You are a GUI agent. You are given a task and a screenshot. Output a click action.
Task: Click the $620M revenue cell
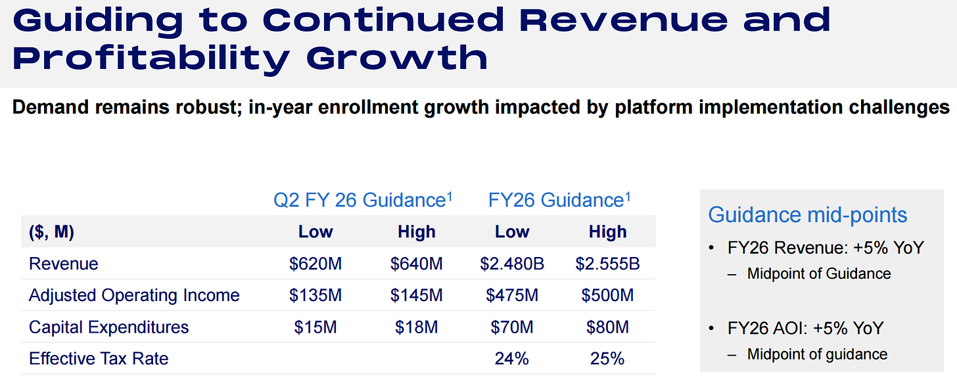click(315, 264)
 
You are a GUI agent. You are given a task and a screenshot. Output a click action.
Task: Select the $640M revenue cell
click(416, 264)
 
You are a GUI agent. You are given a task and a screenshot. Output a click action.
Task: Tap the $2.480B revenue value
click(512, 264)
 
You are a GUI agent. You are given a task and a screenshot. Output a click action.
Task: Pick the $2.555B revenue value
click(607, 264)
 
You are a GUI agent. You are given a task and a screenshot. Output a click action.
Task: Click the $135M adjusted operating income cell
click(315, 295)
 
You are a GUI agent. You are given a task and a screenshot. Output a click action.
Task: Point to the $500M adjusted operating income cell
click(607, 295)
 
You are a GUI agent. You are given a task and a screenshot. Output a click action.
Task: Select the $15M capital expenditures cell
click(315, 327)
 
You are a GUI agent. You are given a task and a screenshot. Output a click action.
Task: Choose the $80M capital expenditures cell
click(607, 327)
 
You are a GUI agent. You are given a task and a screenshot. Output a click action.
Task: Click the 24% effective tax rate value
click(512, 358)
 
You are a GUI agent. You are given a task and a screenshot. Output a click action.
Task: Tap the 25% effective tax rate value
click(607, 358)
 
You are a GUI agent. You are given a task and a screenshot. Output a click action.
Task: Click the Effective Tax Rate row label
click(99, 358)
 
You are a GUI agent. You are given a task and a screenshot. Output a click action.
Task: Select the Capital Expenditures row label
click(108, 327)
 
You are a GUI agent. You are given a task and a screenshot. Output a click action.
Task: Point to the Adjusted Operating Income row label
click(134, 295)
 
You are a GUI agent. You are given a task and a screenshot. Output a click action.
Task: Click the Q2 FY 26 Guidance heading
click(363, 200)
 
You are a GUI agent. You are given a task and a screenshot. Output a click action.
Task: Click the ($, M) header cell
click(51, 232)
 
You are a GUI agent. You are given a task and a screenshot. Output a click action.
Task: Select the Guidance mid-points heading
click(808, 215)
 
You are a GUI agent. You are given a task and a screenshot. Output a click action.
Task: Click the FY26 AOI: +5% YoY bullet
click(805, 327)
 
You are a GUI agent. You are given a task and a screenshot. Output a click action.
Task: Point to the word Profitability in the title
click(151, 57)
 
